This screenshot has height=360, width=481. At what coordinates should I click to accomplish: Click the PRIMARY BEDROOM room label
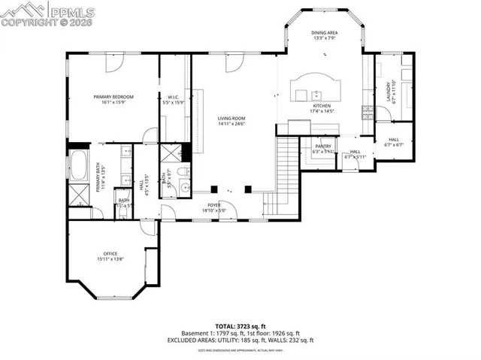click(113, 97)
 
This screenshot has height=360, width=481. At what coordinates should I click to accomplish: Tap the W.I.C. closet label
click(172, 97)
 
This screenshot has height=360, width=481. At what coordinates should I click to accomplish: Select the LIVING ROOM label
click(232, 119)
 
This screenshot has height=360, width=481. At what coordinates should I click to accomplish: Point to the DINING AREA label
click(325, 34)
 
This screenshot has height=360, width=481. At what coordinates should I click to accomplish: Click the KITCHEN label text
click(322, 107)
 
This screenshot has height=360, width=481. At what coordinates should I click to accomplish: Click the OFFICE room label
click(110, 254)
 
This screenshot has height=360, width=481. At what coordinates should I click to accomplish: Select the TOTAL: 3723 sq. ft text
click(240, 326)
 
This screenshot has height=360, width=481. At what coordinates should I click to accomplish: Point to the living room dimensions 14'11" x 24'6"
click(232, 124)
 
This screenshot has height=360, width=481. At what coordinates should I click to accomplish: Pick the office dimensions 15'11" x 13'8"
click(110, 259)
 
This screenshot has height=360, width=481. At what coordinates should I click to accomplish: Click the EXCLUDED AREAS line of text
click(240, 340)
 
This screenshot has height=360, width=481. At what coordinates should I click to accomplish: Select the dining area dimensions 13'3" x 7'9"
click(325, 39)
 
